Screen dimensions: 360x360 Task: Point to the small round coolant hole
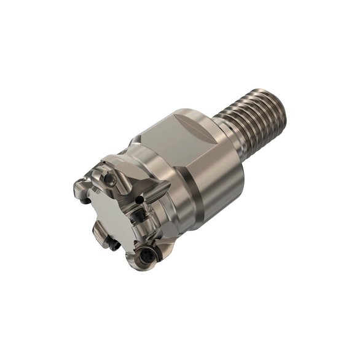point(140,198)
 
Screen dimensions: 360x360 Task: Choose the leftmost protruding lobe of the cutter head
point(79,187)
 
